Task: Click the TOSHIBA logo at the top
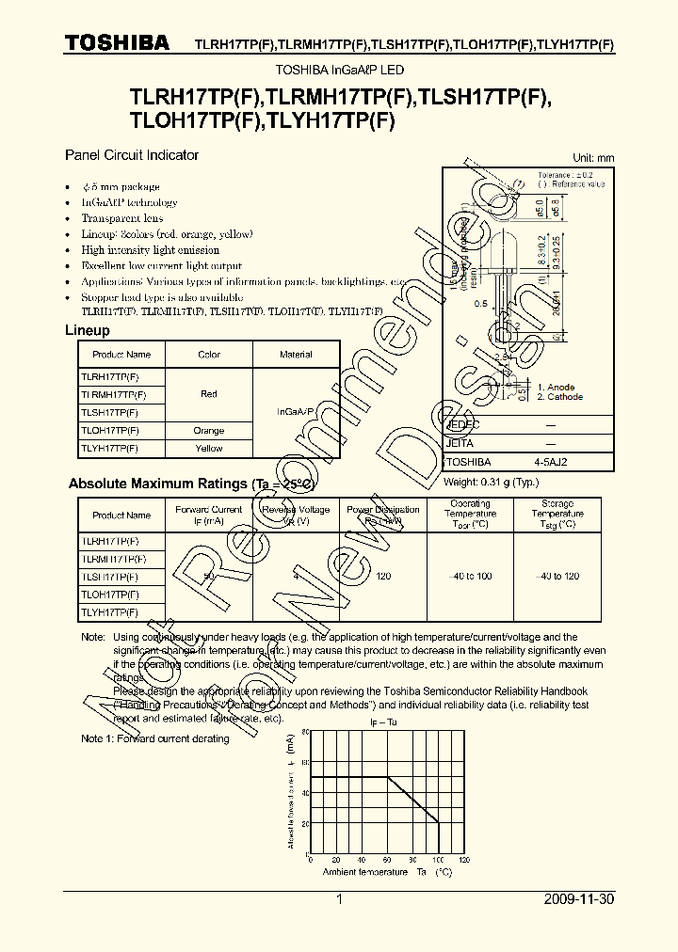click(117, 42)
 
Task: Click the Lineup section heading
click(87, 331)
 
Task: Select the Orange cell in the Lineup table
click(209, 431)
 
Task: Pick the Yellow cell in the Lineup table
click(209, 449)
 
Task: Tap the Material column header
click(296, 355)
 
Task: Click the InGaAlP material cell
click(296, 412)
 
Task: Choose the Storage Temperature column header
click(557, 515)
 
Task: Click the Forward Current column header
click(208, 515)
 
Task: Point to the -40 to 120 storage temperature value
click(557, 576)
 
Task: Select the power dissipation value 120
click(383, 576)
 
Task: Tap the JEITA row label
click(460, 443)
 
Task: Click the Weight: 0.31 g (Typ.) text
click(491, 483)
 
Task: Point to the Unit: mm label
click(593, 158)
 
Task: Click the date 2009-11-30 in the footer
click(579, 900)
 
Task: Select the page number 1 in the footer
click(339, 900)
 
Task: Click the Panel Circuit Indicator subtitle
click(131, 154)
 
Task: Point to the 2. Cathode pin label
click(559, 397)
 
